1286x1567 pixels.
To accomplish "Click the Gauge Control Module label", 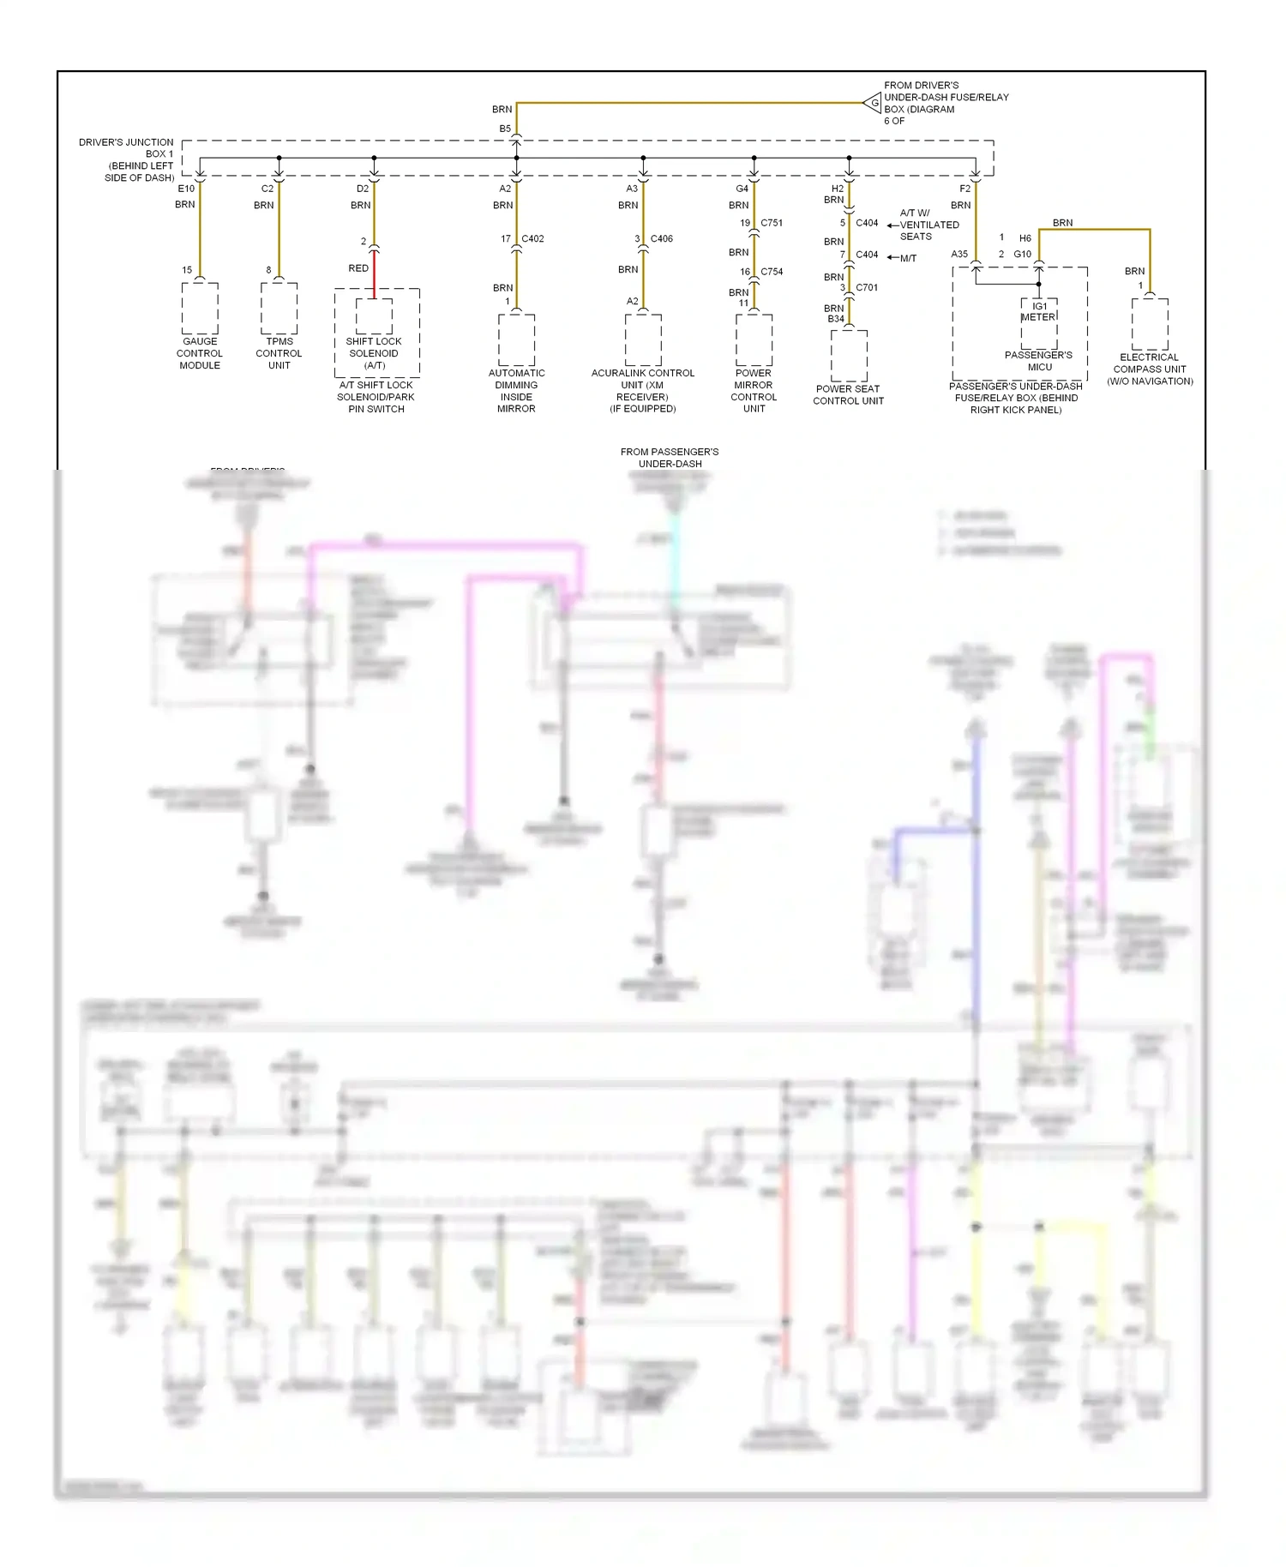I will pos(199,353).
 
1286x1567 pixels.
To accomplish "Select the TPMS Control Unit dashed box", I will pos(279,309).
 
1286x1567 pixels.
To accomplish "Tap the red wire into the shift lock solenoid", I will pos(374,274).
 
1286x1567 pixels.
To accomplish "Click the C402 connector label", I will pos(532,239).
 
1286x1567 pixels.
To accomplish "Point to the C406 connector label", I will pos(661,239).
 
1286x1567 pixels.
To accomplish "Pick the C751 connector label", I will pos(772,223).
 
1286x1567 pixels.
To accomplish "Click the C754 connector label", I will pos(772,272).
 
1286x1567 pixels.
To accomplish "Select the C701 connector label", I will pos(867,288).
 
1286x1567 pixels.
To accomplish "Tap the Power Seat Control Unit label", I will pos(848,394).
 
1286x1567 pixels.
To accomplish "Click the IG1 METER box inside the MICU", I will pos(1039,313).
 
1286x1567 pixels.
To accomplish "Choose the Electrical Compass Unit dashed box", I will pos(1150,324).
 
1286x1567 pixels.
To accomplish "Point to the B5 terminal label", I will pos(505,129).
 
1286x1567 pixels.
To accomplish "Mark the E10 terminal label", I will pos(186,189).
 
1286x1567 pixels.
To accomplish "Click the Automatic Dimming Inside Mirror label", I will pos(516,391).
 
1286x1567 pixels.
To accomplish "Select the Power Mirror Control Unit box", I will pos(754,339).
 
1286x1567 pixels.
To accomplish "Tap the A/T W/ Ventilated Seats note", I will pos(928,225).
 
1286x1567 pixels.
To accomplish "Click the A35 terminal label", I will pos(959,255).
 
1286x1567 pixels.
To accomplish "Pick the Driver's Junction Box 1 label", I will pos(127,159).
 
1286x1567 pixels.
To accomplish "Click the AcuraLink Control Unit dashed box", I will pos(643,339).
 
